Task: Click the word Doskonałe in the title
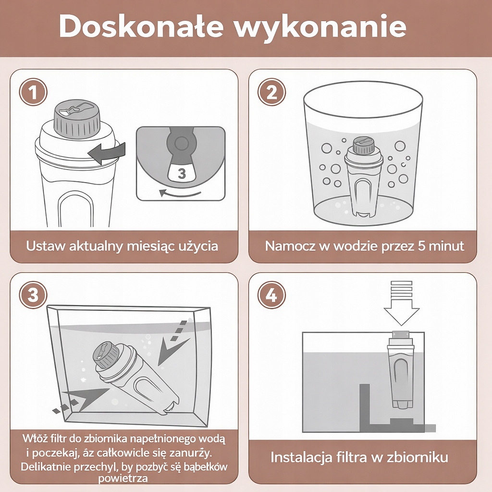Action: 141,26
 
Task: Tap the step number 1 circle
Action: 33,93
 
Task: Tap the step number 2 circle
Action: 271,93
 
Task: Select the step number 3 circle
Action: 33,295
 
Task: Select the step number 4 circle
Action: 271,295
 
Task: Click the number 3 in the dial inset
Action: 182,173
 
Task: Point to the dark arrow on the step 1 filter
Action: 107,153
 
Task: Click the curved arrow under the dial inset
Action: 180,194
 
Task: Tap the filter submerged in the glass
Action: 364,177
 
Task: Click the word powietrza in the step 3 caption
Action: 123,479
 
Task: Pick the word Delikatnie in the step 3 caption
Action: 46,467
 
